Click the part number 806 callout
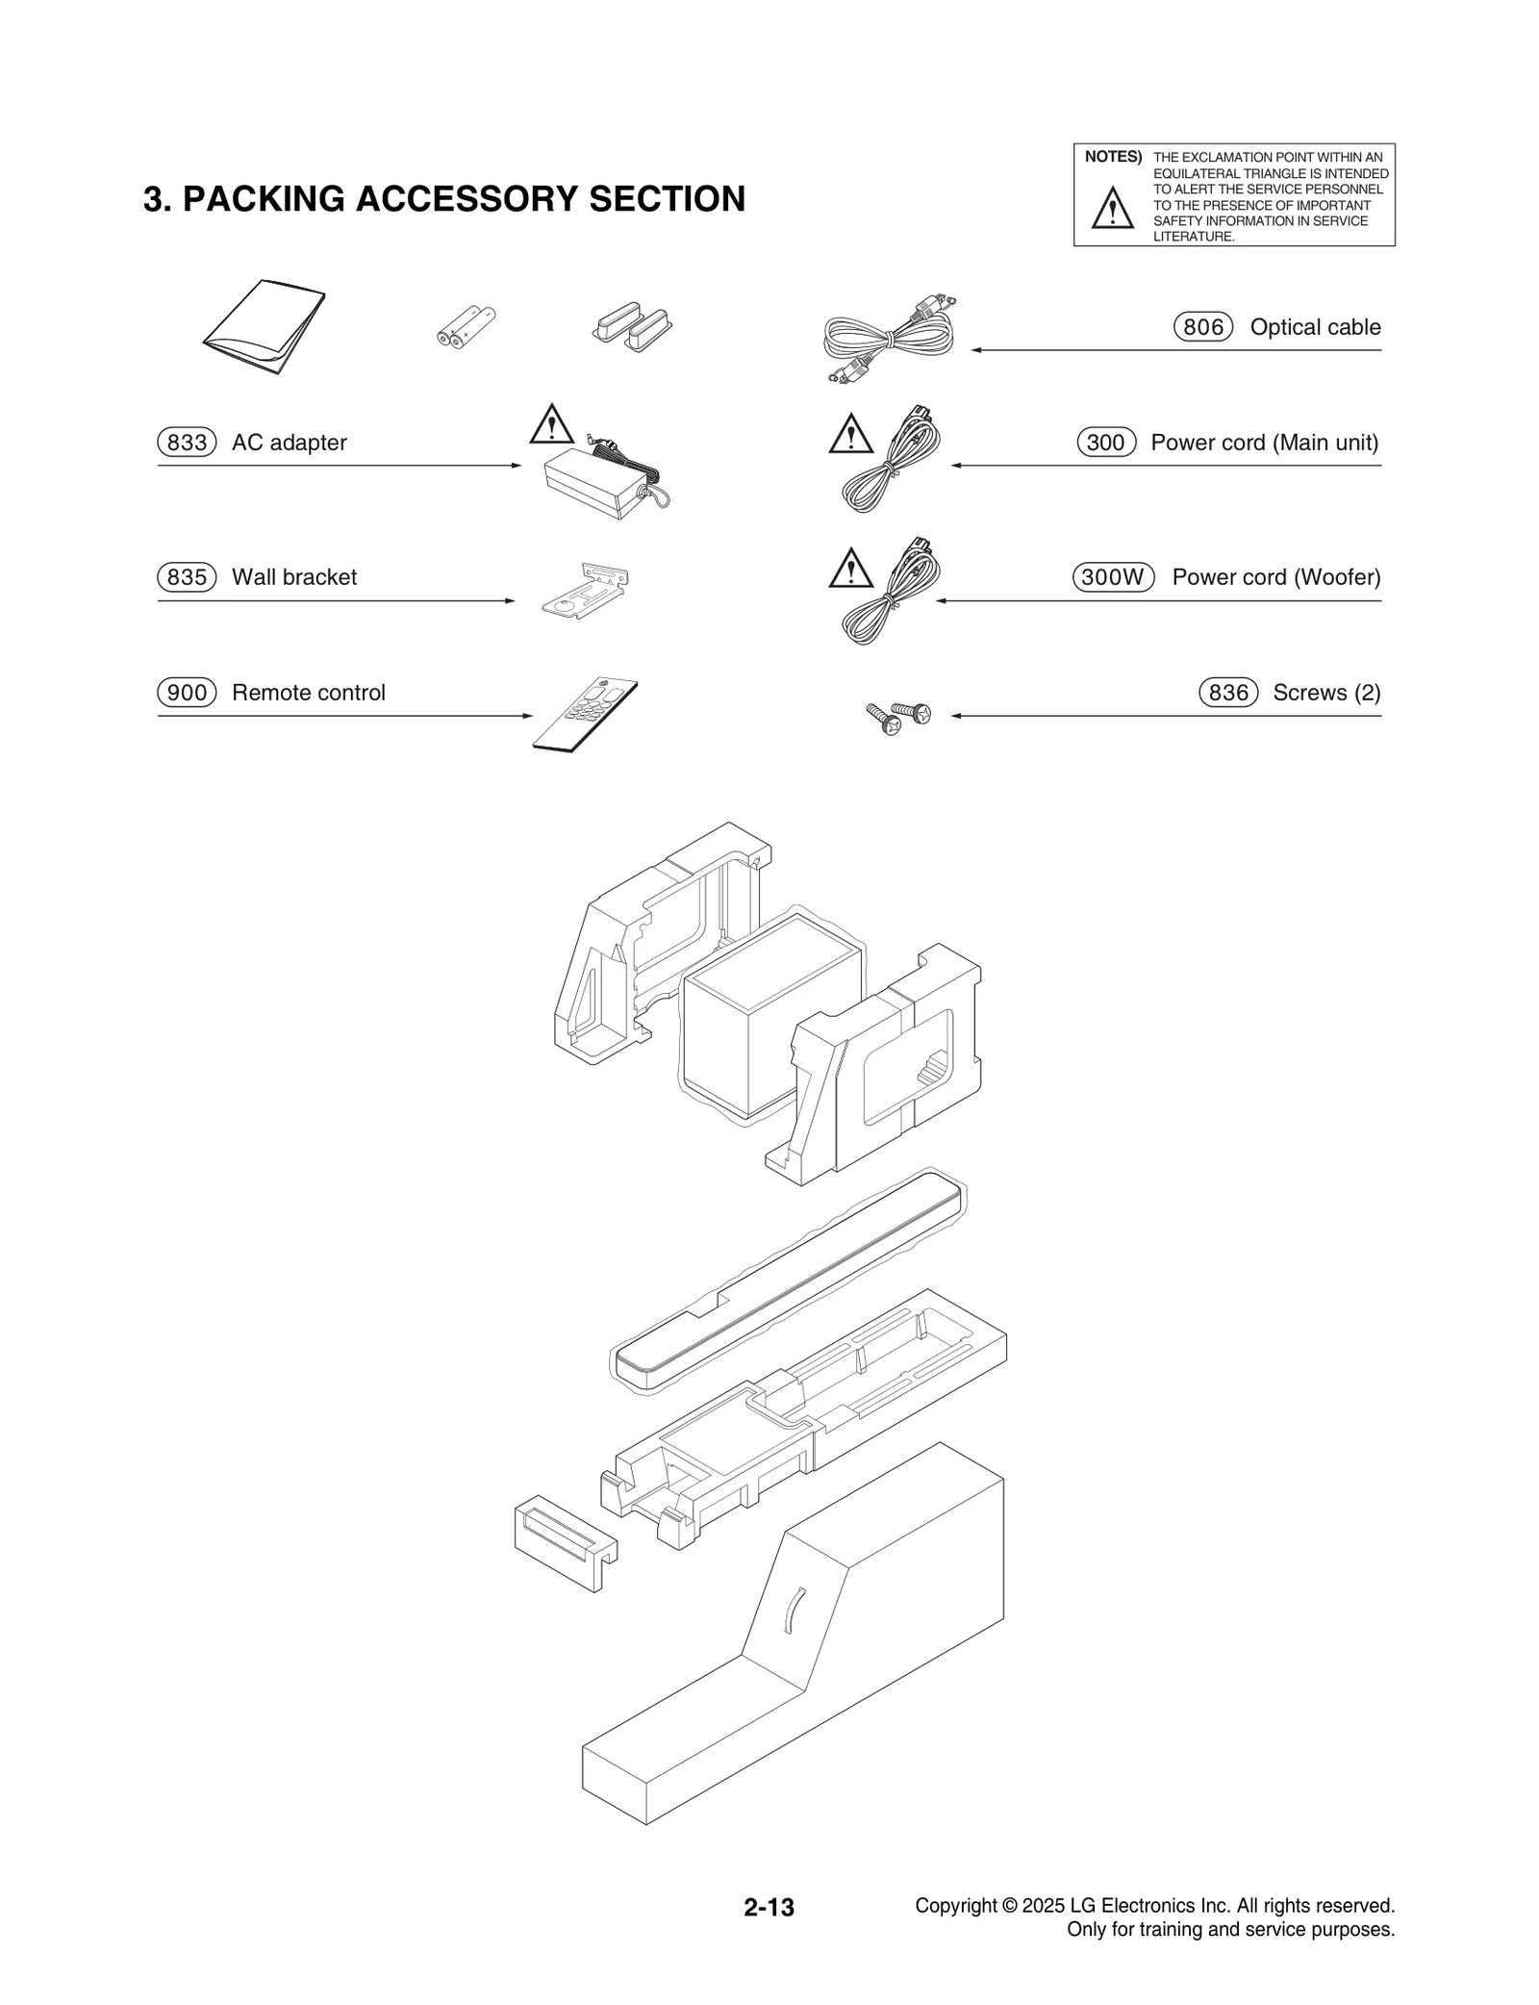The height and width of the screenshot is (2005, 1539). tap(1202, 327)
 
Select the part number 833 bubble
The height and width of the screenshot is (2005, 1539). tap(187, 443)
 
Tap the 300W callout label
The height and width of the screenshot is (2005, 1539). tap(1113, 577)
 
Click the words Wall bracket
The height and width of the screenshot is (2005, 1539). tap(293, 577)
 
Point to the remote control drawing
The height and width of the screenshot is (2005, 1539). tap(585, 714)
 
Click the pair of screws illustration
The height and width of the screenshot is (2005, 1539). tap(898, 717)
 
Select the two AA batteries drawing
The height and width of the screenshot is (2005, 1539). tap(466, 327)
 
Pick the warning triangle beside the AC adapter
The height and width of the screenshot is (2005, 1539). tap(551, 425)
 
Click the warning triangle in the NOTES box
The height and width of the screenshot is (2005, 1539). tap(1112, 209)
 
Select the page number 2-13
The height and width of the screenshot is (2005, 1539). tap(769, 1907)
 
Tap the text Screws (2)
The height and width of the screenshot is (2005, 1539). tap(1325, 693)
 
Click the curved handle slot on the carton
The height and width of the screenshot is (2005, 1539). tap(794, 1610)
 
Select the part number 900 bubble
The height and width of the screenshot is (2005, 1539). tap(187, 693)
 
